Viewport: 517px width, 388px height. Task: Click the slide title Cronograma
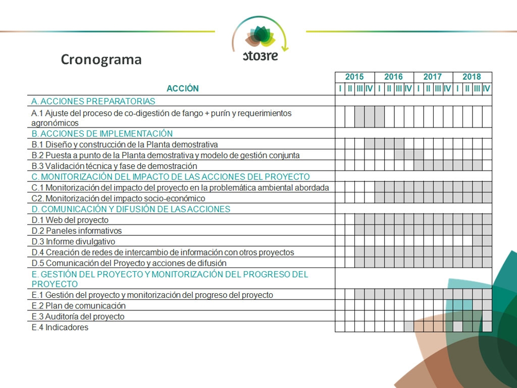point(101,59)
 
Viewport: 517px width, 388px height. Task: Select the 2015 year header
point(354,77)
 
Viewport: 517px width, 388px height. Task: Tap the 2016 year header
point(393,77)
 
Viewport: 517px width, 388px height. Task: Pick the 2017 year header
point(432,77)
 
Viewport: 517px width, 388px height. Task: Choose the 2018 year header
point(472,77)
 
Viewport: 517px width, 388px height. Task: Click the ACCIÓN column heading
point(182,89)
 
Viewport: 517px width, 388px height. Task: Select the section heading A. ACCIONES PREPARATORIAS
point(93,101)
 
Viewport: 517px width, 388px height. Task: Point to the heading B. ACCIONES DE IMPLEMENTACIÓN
point(102,134)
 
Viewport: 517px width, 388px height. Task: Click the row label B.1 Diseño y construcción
point(125,145)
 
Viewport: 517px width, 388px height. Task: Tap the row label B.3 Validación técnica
point(114,166)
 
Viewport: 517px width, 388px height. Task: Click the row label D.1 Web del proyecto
point(70,220)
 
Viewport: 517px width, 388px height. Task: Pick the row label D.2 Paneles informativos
point(77,231)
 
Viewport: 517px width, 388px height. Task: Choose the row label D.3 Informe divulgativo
point(73,242)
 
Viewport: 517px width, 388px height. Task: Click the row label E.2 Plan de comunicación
point(78,306)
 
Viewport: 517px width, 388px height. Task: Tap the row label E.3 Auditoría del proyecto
point(78,317)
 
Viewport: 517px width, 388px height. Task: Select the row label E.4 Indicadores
point(60,328)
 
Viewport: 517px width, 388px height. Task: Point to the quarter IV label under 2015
point(369,89)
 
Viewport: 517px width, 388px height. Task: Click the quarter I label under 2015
point(340,89)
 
